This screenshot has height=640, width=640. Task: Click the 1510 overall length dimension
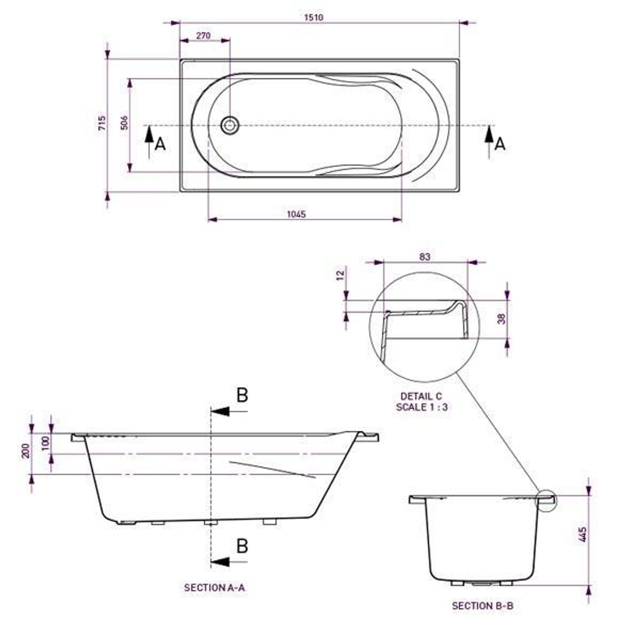313,17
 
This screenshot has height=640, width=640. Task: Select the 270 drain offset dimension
203,36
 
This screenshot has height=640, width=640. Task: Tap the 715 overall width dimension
102,123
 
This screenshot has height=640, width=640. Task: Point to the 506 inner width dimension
124,123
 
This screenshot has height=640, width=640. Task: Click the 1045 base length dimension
296,214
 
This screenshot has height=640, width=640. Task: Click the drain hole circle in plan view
229,125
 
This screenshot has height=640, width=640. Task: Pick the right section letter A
500,143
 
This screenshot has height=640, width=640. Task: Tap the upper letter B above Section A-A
242,395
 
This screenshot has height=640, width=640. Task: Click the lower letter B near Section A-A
242,546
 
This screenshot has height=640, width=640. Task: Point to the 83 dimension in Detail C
424,257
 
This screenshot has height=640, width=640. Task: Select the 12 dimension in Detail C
340,276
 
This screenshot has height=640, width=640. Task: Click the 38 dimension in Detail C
502,318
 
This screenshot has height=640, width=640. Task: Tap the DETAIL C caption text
421,396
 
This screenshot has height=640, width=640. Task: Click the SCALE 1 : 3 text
421,407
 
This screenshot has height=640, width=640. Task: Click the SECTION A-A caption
214,588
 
